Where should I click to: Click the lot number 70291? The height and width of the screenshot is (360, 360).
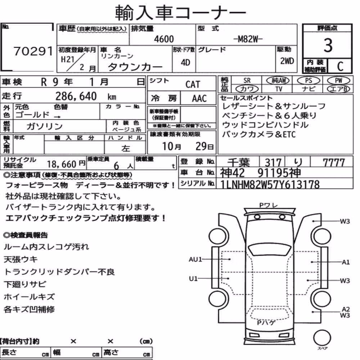coord(33,51)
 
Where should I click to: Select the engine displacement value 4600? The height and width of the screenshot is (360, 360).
coord(164,39)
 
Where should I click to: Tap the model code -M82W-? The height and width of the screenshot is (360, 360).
coord(248,39)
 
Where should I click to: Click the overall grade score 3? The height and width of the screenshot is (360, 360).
coord(328,45)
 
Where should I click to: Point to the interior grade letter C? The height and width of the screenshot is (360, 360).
coord(340,66)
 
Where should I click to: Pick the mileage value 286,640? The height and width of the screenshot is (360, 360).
coord(76,96)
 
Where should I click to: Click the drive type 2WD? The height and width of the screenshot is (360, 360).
coord(287,61)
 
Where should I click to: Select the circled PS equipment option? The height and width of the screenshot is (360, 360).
coord(309,81)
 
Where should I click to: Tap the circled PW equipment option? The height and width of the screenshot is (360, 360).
coord(338,81)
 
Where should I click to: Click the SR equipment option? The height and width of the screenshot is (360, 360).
coord(247,81)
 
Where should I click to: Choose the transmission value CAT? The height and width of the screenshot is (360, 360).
coord(193,85)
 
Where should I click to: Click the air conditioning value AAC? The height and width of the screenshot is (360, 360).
coord(199,99)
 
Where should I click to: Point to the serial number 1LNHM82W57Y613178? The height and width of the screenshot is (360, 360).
coord(270,184)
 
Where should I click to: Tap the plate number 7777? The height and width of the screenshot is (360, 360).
coord(334,163)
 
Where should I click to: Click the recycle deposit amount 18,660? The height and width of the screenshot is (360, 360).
coord(62,164)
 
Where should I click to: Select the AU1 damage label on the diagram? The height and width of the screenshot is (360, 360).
coord(195,260)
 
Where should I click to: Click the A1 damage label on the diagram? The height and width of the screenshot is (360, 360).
coord(346,262)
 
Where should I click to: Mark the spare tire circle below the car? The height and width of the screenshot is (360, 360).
coord(322,338)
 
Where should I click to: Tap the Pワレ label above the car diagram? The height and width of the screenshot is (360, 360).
coord(269,205)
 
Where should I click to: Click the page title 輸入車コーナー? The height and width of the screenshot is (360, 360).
coord(180,12)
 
